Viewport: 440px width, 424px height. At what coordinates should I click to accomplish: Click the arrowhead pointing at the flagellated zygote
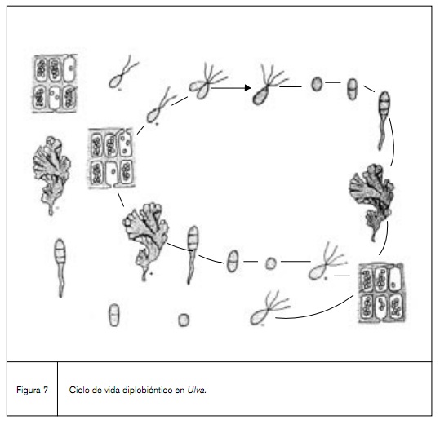click(x=245, y=86)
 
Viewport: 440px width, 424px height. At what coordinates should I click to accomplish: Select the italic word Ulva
click(x=197, y=390)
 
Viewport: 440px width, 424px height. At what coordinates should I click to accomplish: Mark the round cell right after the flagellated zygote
click(x=317, y=85)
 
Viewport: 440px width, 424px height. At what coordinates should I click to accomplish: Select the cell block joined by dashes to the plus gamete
click(x=111, y=158)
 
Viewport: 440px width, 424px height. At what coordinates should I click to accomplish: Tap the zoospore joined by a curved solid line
click(x=265, y=310)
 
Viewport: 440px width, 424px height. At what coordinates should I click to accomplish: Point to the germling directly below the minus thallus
click(x=60, y=264)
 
